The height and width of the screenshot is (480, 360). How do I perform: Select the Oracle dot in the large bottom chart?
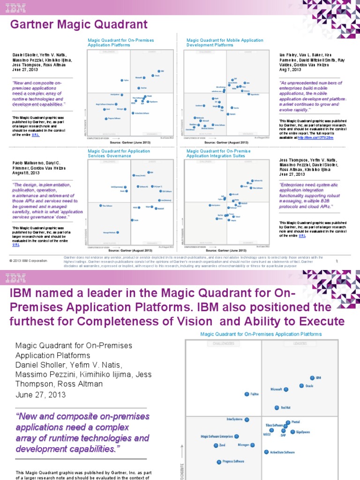(x=301, y=386)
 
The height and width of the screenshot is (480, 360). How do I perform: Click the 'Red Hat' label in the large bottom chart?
(x=286, y=408)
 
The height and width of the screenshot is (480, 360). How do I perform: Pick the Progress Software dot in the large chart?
(x=218, y=461)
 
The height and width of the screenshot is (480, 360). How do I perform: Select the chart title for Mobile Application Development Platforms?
(x=225, y=43)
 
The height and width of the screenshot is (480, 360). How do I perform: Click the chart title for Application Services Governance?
(x=119, y=153)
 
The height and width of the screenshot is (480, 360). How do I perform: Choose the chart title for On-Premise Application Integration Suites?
(x=218, y=153)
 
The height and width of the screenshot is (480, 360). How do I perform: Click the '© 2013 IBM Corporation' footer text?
(x=28, y=260)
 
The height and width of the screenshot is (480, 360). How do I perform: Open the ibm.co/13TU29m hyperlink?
(x=322, y=138)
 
